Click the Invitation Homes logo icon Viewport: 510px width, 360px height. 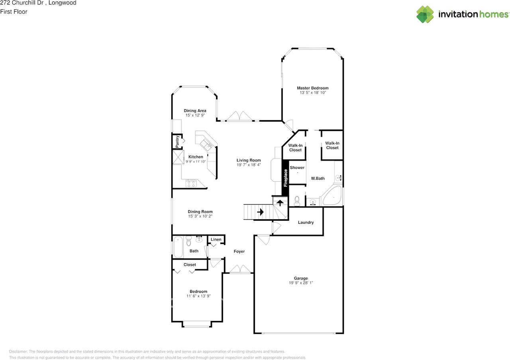click(425, 14)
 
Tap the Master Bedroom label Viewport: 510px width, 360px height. click(312, 88)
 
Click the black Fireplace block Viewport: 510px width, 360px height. click(285, 178)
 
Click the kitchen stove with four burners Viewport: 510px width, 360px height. click(191, 183)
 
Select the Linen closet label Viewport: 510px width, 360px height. click(216, 240)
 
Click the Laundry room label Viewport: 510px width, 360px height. click(306, 222)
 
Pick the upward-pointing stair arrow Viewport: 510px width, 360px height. click(280, 202)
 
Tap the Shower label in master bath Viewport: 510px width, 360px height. click(297, 168)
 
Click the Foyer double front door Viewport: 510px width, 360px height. click(241, 270)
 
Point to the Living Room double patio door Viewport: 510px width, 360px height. click(239, 116)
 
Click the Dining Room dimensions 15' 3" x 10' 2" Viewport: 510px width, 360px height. click(200, 216)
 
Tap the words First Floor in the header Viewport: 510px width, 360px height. click(14, 12)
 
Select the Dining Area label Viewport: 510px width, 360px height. click(195, 111)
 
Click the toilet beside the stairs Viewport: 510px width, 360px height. click(297, 199)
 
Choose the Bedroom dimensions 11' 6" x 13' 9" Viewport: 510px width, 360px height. click(198, 296)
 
